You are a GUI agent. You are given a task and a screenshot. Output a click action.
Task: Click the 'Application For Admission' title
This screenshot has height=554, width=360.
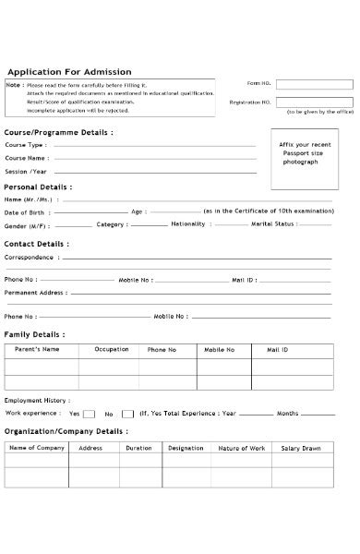[70, 72]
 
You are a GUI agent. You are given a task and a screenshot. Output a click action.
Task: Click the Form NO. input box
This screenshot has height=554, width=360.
[314, 84]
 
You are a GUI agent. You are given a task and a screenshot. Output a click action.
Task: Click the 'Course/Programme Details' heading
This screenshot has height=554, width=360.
[59, 132]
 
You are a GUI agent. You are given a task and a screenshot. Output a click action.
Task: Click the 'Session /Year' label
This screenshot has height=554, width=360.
[26, 172]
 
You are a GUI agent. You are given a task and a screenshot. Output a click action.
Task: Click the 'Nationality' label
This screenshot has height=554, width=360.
[188, 223]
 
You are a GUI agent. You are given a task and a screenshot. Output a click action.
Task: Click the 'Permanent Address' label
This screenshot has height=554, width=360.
[35, 292]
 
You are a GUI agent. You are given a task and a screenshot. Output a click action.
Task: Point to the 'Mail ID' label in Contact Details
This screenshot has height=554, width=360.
[244, 278]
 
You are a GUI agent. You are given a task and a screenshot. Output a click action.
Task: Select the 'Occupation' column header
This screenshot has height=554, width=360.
[112, 350]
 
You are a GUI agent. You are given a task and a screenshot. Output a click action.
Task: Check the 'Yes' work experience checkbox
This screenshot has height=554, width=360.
[90, 414]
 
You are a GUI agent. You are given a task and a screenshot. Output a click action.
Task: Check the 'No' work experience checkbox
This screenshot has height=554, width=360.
[127, 414]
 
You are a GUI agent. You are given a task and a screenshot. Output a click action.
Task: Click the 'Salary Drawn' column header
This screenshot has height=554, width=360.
[301, 448]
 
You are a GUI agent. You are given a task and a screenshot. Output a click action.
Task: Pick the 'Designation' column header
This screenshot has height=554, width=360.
[186, 448]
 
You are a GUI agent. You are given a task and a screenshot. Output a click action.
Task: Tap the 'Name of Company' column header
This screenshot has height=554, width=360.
[37, 448]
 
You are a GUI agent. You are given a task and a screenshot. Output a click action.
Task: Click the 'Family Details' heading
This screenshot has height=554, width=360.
[35, 333]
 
